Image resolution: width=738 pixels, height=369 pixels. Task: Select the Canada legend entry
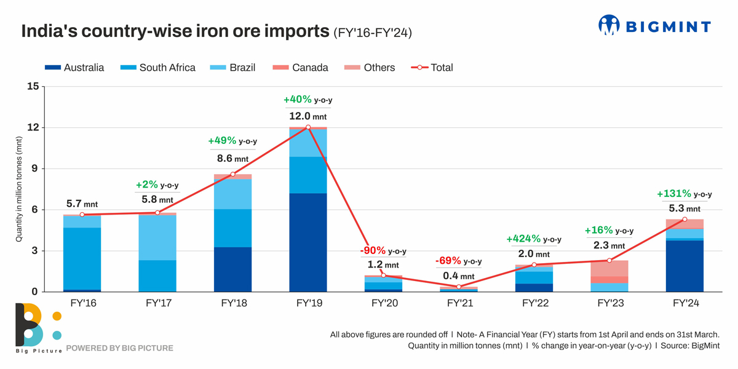[303, 68]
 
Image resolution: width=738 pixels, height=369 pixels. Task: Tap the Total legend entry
[432, 68]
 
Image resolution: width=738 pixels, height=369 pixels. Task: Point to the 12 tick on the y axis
[32, 128]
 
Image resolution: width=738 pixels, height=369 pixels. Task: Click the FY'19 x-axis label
[308, 303]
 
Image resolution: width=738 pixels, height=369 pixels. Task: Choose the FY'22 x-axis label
[534, 303]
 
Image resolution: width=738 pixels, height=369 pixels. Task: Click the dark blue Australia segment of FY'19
[308, 242]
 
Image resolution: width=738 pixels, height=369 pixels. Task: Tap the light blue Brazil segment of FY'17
[157, 237]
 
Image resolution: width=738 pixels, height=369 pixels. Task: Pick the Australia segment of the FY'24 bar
[684, 266]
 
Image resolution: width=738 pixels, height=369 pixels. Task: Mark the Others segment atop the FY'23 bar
[609, 268]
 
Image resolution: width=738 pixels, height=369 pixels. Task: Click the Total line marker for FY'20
[384, 276]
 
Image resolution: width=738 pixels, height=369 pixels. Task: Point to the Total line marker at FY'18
[233, 174]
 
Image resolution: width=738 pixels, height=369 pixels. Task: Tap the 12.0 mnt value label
[308, 116]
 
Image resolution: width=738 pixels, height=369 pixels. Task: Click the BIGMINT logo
[654, 26]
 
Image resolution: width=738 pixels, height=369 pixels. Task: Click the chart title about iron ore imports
[175, 32]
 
